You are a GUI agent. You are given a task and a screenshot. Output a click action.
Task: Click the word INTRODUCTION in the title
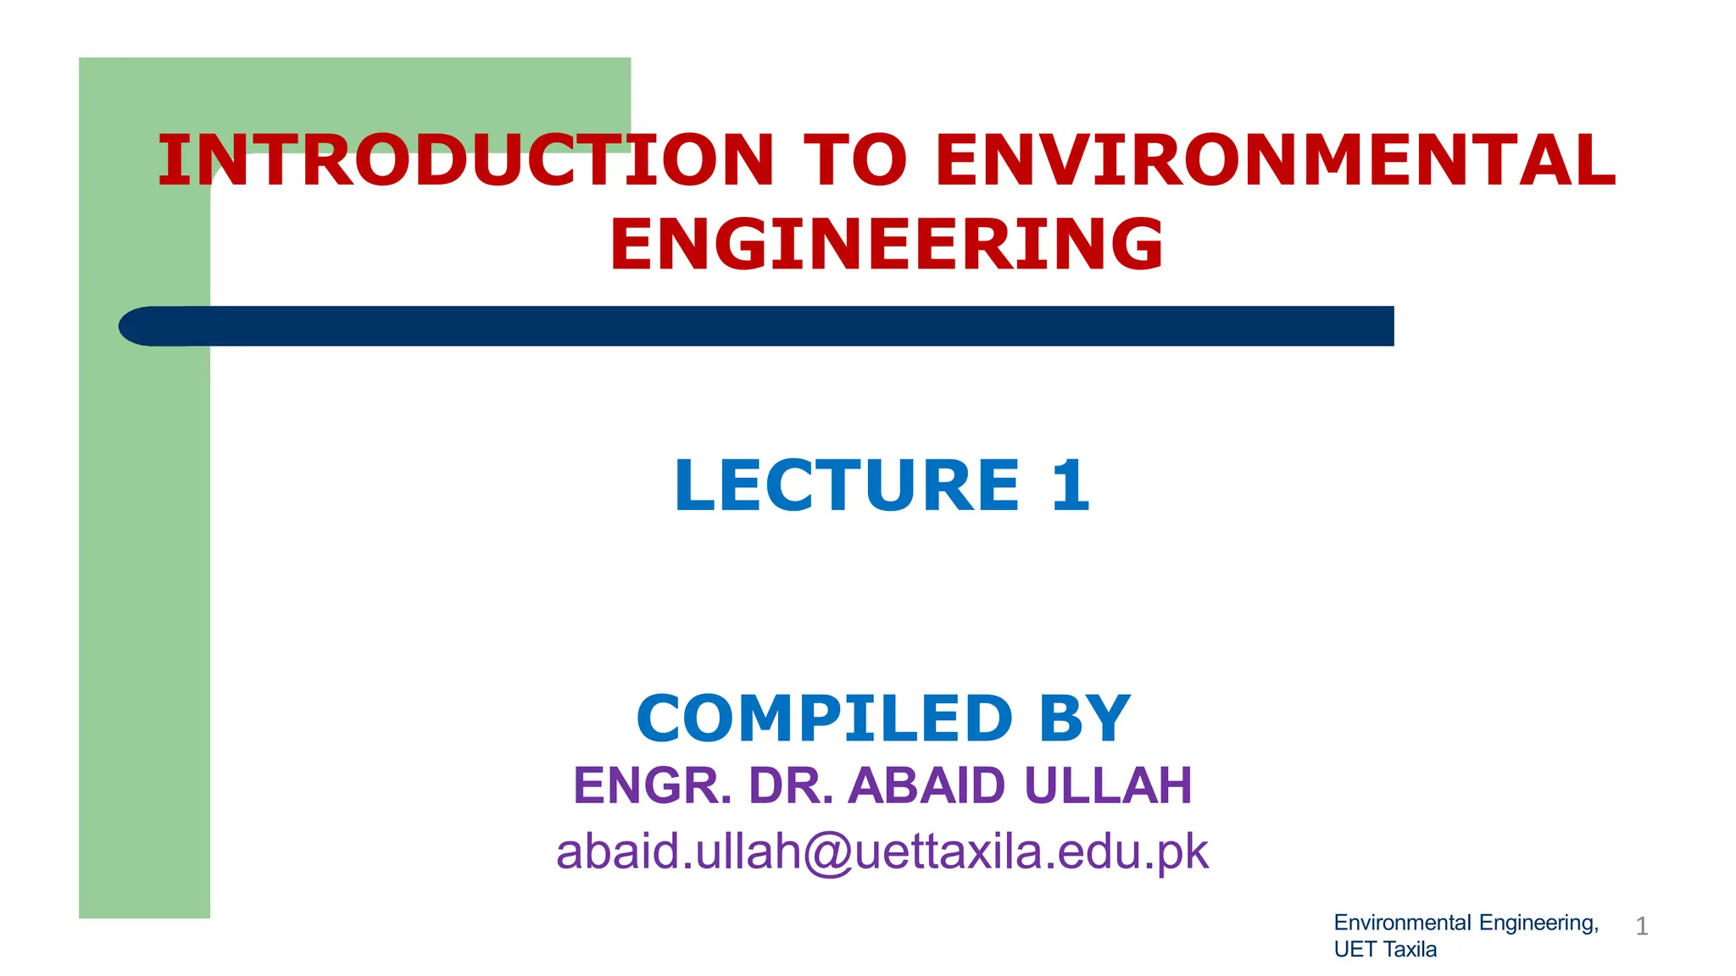[x=465, y=161]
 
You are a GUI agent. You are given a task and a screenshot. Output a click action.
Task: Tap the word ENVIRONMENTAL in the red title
[x=1275, y=161]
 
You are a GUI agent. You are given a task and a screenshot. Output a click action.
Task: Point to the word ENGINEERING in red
[x=887, y=245]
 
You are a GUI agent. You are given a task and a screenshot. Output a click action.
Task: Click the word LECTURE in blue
[x=847, y=485]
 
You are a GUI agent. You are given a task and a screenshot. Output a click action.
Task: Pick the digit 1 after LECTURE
[x=1069, y=485]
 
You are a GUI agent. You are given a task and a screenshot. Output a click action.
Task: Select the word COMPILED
[x=824, y=718]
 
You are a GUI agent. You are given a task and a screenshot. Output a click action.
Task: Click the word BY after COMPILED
[x=1084, y=718]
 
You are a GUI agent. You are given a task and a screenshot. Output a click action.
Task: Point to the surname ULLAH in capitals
[x=1108, y=785]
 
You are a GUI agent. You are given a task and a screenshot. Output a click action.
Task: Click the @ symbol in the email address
[x=827, y=852]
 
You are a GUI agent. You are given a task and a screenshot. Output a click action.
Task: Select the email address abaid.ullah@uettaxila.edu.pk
[x=882, y=852]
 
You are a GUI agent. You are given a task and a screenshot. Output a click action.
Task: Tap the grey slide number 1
[x=1641, y=927]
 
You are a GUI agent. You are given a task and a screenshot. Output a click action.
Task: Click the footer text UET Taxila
[x=1385, y=950]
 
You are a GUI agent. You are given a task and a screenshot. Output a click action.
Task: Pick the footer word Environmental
[x=1402, y=923]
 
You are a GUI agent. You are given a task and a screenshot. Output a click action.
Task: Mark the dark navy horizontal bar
[x=763, y=326]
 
